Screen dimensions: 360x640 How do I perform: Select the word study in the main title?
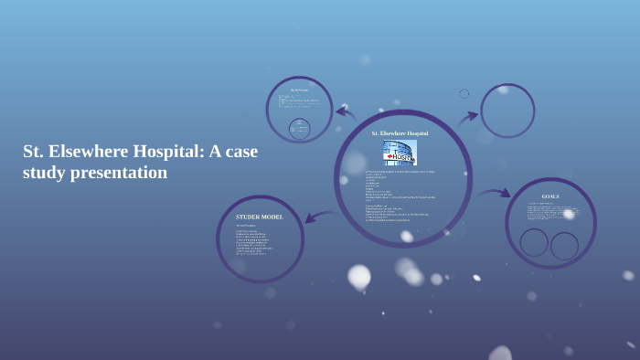(x=44, y=172)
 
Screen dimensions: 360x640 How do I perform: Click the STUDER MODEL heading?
(x=260, y=217)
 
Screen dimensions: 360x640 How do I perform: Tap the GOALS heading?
(x=550, y=196)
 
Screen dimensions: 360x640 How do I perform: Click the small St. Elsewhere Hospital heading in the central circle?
(x=400, y=133)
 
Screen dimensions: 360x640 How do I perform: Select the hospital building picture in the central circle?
(x=400, y=153)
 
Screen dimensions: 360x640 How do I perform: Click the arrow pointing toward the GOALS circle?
(x=495, y=194)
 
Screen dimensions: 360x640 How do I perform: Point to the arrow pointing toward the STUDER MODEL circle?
(x=320, y=217)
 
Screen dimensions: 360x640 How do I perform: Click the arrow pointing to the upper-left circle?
(x=346, y=113)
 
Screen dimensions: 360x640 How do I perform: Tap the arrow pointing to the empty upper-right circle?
(x=468, y=117)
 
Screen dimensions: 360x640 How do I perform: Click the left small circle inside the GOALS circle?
(x=534, y=242)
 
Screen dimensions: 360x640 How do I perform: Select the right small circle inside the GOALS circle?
(x=564, y=246)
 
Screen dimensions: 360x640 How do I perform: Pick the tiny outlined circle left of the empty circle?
(x=464, y=93)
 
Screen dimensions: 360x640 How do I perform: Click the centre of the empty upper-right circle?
(x=507, y=111)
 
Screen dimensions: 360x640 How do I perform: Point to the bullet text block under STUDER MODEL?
(x=255, y=239)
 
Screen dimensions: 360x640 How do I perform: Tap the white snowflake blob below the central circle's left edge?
(x=359, y=275)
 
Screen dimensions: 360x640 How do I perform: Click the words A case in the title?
(x=233, y=151)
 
